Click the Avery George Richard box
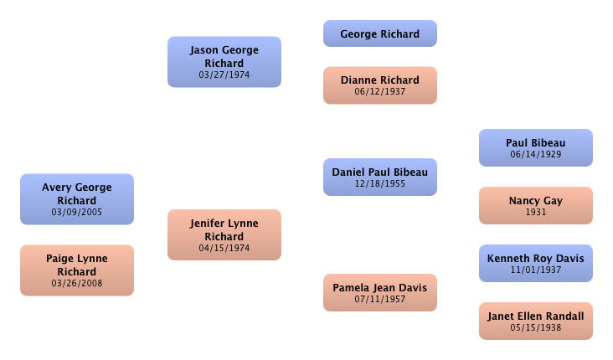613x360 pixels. point(77,198)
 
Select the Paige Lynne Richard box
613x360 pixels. point(77,270)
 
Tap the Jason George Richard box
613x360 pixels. point(224,61)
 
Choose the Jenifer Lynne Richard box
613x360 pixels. point(224,234)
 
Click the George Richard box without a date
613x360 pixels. point(380,34)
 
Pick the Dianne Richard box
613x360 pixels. point(380,85)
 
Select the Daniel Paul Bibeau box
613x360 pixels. point(380,177)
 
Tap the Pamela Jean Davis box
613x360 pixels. point(380,292)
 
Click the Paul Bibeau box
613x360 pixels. point(536,147)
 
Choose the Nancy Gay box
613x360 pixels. point(536,205)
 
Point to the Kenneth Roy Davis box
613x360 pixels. point(536,263)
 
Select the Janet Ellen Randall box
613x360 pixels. point(536,321)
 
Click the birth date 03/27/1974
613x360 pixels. point(224,75)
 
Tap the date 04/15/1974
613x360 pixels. point(224,249)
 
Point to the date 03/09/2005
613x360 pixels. point(77,213)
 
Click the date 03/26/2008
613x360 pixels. point(77,284)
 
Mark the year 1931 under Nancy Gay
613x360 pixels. point(536,213)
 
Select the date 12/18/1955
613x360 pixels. point(380,183)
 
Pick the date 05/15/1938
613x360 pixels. point(536,327)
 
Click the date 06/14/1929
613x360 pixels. point(536,154)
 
